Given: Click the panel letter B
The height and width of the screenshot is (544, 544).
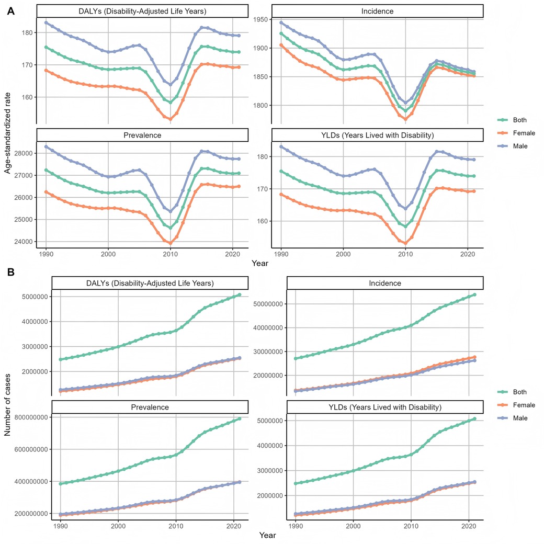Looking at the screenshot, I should tap(10, 272).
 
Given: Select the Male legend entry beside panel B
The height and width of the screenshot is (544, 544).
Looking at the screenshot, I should tap(513, 418).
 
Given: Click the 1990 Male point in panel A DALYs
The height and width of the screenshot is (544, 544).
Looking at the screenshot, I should tap(47, 22).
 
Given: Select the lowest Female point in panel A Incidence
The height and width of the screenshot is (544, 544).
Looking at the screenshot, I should tap(405, 111).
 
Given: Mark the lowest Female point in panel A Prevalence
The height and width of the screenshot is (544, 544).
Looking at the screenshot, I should tap(170, 243).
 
